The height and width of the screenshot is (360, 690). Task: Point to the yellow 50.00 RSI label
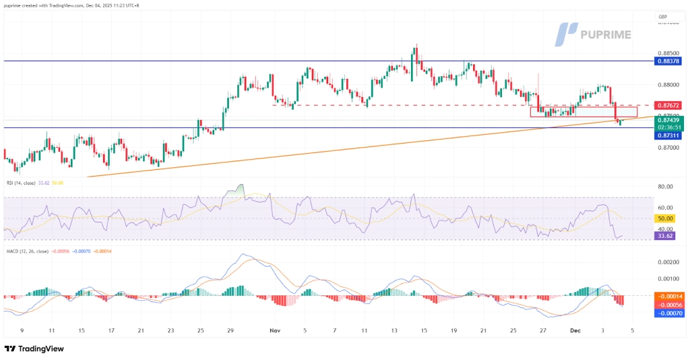664,219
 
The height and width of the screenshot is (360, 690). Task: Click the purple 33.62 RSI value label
664,236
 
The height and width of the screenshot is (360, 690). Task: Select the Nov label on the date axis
274,331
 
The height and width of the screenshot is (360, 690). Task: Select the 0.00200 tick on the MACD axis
667,262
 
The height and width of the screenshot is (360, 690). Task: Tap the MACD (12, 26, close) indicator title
26,251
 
